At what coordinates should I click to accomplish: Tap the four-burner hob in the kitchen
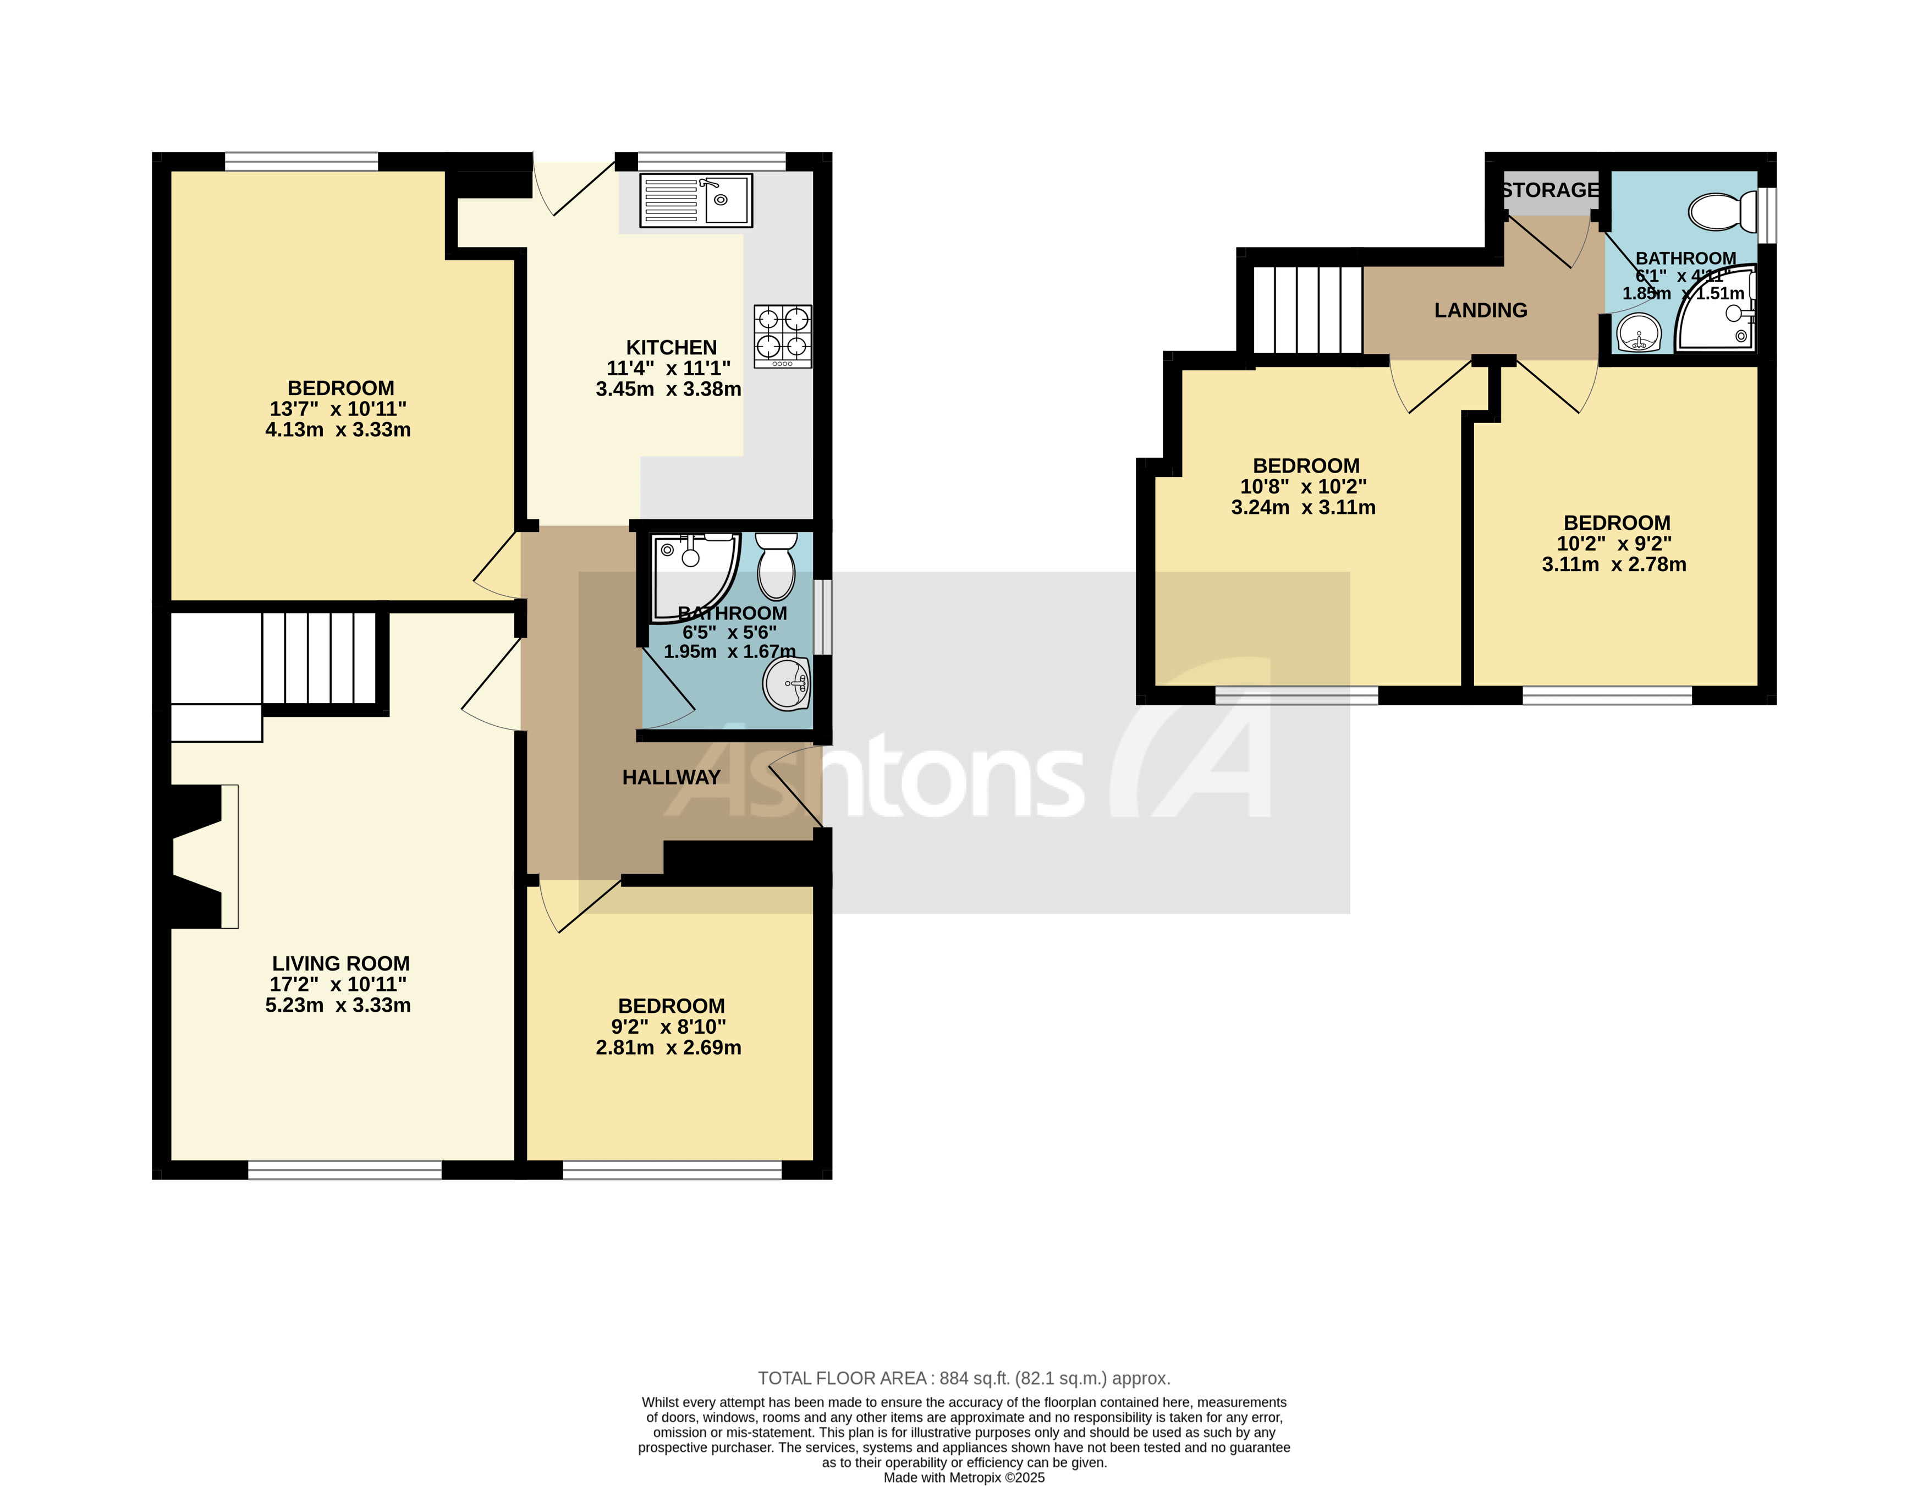click(783, 336)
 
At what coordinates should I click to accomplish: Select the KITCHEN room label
click(671, 347)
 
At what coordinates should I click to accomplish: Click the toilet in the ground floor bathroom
click(776, 566)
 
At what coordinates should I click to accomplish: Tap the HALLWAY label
click(671, 777)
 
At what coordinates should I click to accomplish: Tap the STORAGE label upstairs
click(1550, 190)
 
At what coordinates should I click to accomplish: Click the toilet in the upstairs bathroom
click(1722, 212)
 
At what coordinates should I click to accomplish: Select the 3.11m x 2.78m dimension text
click(1614, 564)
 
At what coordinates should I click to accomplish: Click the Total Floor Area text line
click(964, 1378)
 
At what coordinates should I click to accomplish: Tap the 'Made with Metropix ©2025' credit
click(964, 1477)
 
